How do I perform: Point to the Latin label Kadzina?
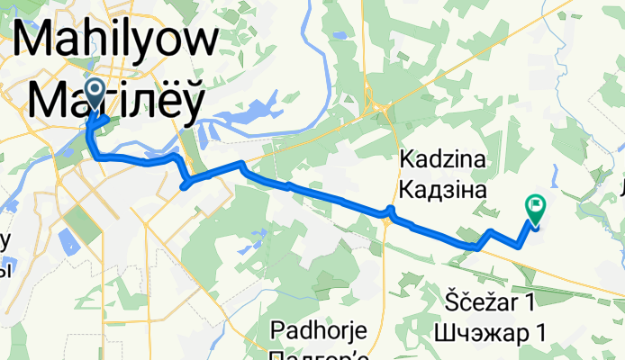pos(442,160)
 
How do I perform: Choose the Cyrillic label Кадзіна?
pos(442,190)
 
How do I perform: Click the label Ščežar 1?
pos(495,299)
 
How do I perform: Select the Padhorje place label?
pos(321,329)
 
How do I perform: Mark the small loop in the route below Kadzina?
pos(390,212)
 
